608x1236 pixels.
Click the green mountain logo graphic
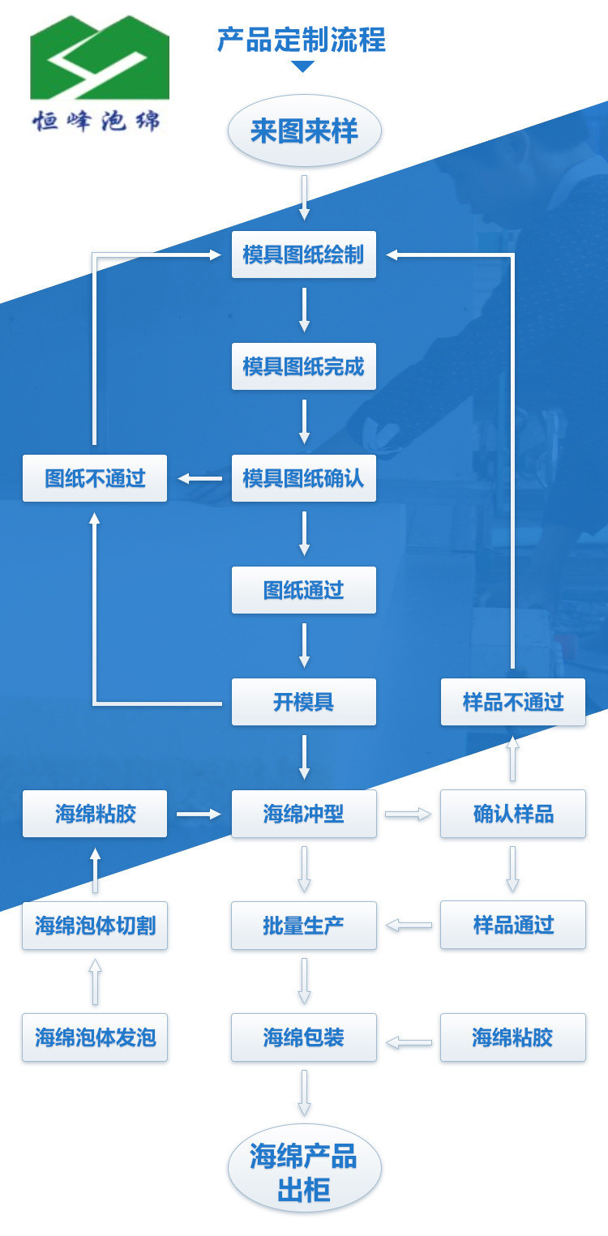(x=99, y=58)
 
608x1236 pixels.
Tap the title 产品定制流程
(x=302, y=39)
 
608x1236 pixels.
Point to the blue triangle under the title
(x=302, y=66)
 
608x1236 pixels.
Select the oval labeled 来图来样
(x=304, y=131)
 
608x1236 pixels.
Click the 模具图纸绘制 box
(x=304, y=254)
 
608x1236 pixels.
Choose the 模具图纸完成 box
(x=304, y=366)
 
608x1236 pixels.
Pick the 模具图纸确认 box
(x=304, y=478)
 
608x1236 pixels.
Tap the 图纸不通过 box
(x=95, y=478)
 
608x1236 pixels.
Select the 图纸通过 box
(x=304, y=590)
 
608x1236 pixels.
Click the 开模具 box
(x=304, y=702)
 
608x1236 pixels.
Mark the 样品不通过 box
(x=513, y=702)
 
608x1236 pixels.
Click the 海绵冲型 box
(x=304, y=814)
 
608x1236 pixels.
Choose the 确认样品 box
(x=513, y=814)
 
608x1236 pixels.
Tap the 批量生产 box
(x=304, y=926)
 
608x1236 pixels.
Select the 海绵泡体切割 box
(x=95, y=926)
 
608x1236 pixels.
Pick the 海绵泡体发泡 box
(x=95, y=1037)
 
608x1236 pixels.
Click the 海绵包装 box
(x=304, y=1037)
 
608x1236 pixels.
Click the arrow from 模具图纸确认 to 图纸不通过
(x=199, y=478)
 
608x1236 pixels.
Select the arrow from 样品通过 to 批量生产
(x=409, y=926)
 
